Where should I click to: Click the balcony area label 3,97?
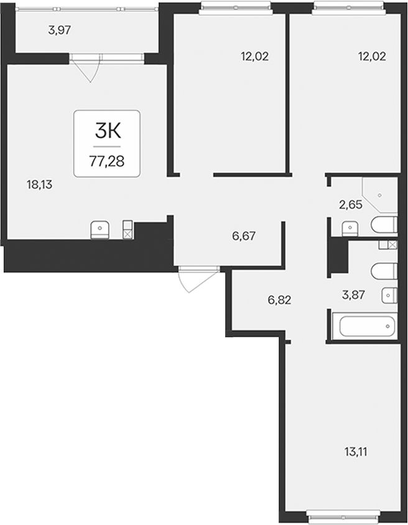(60, 30)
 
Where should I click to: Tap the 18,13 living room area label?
(40, 185)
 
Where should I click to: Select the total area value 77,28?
(107, 162)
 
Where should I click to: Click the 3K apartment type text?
(108, 131)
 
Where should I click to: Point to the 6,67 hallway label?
(244, 236)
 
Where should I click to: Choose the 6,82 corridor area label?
(279, 300)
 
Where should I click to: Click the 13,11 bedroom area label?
(356, 452)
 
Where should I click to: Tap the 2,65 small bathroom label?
(351, 205)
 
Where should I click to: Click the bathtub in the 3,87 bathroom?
(368, 326)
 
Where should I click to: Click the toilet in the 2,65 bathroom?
(384, 225)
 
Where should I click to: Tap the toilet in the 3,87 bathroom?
(384, 271)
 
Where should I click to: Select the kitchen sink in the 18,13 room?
(100, 230)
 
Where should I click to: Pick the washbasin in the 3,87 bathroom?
(389, 295)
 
